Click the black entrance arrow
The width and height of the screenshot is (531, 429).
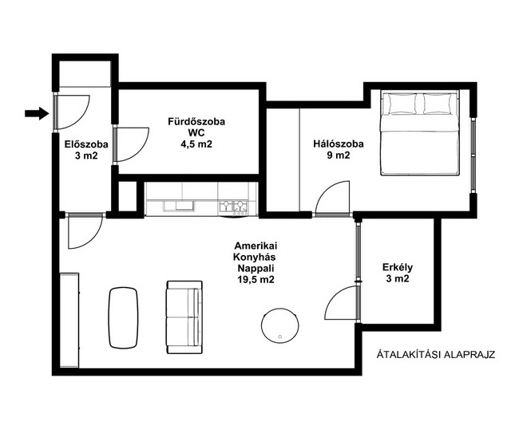pyautogui.click(x=37, y=113)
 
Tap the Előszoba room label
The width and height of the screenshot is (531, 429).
pyautogui.click(x=86, y=150)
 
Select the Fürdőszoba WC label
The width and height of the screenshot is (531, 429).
pyautogui.click(x=196, y=133)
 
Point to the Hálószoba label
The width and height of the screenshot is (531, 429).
pyautogui.click(x=339, y=149)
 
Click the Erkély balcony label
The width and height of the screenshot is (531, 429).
pyautogui.click(x=398, y=273)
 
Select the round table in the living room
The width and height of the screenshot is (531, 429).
pyautogui.click(x=280, y=325)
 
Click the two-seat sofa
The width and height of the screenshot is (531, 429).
pyautogui.click(x=184, y=317)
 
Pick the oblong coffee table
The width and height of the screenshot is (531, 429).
pyautogui.click(x=123, y=318)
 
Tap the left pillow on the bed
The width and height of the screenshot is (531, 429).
pyautogui.click(x=402, y=104)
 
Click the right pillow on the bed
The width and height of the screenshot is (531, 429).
pyautogui.click(x=438, y=104)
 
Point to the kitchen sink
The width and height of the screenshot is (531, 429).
pyautogui.click(x=179, y=206)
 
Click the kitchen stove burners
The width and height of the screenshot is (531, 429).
pyautogui.click(x=233, y=207)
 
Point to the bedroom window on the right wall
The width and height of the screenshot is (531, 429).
pyautogui.click(x=473, y=155)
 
